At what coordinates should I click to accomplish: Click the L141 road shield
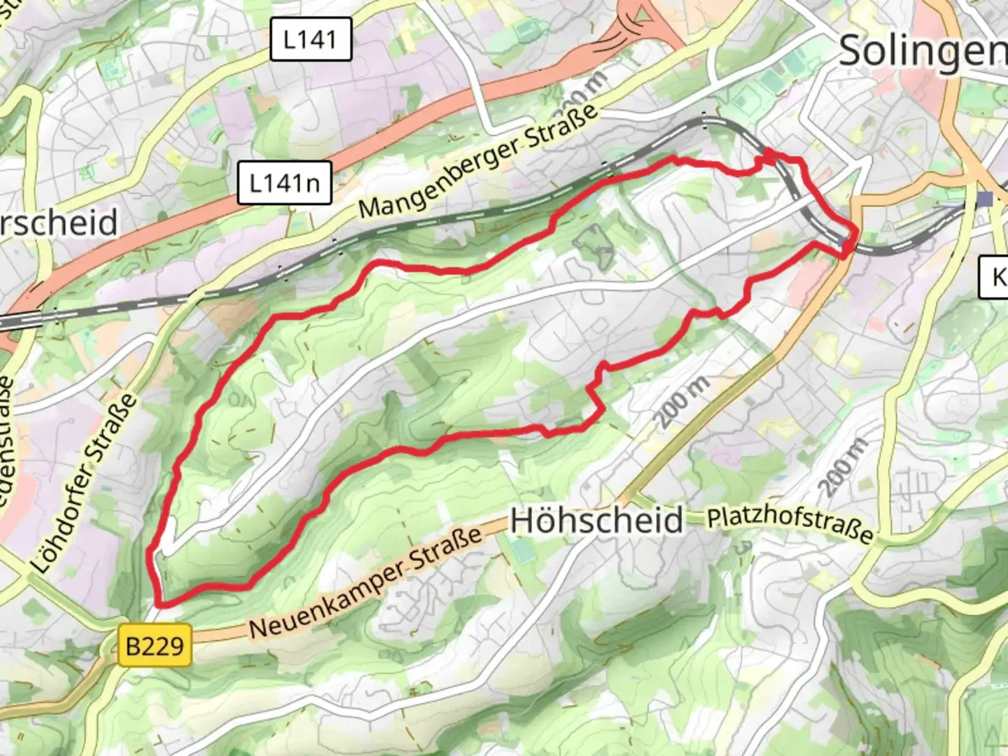pyautogui.click(x=310, y=39)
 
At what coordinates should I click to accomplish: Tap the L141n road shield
pyautogui.click(x=284, y=183)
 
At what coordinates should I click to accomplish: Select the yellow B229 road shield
pyautogui.click(x=155, y=645)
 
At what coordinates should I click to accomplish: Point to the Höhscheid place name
pyautogui.click(x=596, y=521)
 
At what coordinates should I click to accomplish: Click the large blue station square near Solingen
pyautogui.click(x=986, y=199)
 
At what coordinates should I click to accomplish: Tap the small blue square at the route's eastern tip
pyautogui.click(x=843, y=242)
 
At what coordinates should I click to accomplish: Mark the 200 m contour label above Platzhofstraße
pyautogui.click(x=843, y=467)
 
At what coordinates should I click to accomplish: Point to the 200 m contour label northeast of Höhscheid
pyautogui.click(x=682, y=402)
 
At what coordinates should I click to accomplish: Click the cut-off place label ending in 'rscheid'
pyautogui.click(x=59, y=223)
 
